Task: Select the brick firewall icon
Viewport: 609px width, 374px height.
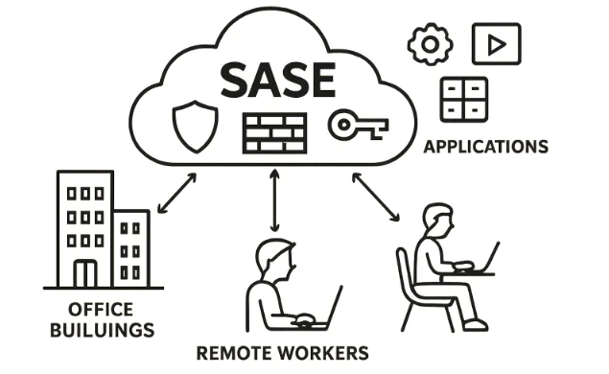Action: click(273, 132)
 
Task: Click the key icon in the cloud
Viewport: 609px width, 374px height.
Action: click(357, 125)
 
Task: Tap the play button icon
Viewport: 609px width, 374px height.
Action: click(496, 44)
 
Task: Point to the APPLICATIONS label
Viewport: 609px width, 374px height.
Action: click(485, 148)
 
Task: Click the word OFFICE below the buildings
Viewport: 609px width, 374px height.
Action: click(100, 310)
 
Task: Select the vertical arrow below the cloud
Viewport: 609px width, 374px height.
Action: click(276, 201)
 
